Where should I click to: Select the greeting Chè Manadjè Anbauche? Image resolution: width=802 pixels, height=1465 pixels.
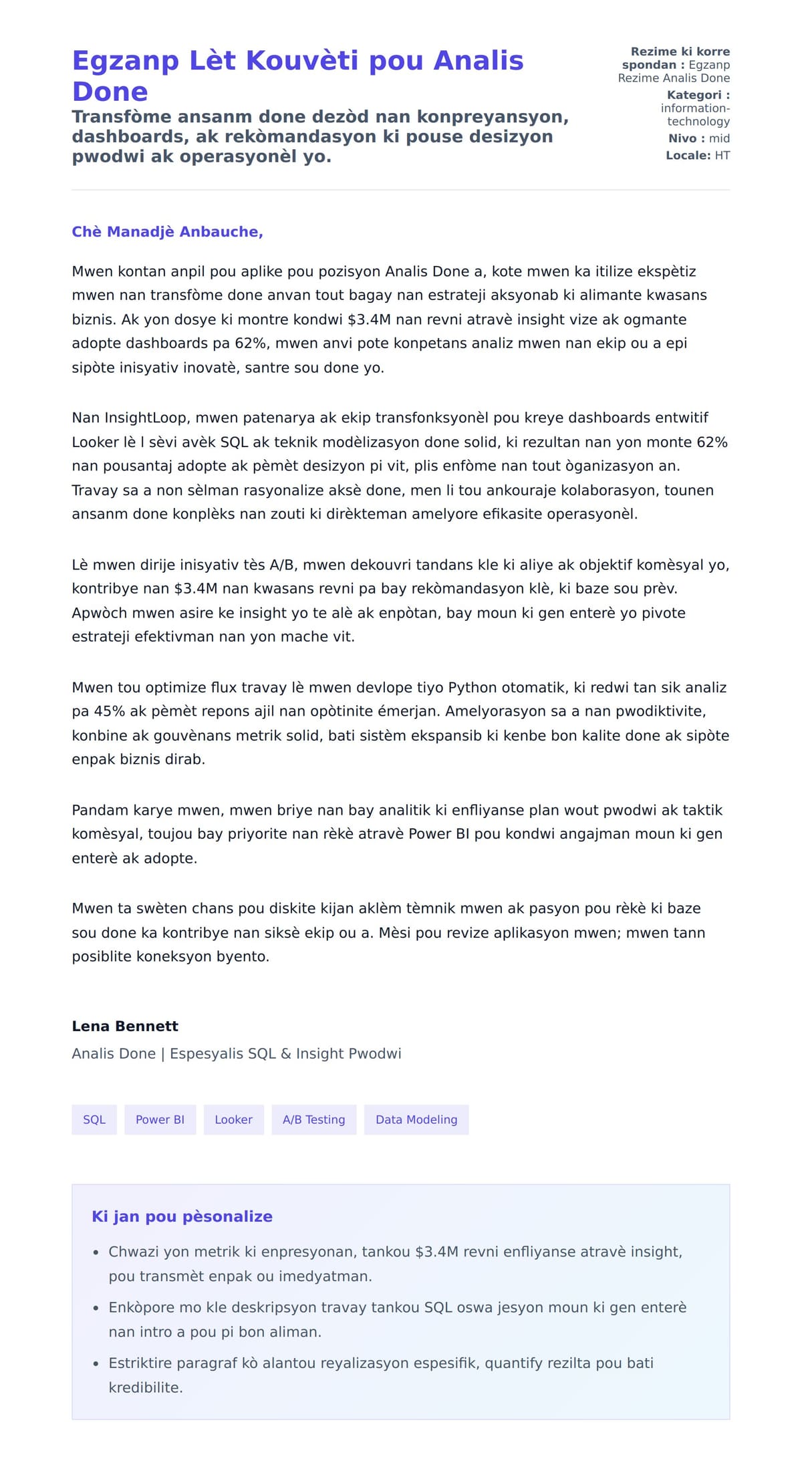pyautogui.click(x=167, y=232)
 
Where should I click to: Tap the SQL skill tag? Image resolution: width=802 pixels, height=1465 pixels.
pyautogui.click(x=94, y=1119)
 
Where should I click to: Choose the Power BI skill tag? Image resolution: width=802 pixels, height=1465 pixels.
pyautogui.click(x=160, y=1119)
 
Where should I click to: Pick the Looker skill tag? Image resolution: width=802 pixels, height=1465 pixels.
pyautogui.click(x=233, y=1119)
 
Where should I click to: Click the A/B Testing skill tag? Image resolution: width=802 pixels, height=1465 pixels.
pyautogui.click(x=313, y=1119)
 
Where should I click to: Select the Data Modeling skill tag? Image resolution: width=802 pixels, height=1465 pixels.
pyautogui.click(x=416, y=1119)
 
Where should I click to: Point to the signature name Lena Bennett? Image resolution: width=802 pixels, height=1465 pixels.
pyautogui.click(x=125, y=1026)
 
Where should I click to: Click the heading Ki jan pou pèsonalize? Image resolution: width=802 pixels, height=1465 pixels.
pyautogui.click(x=182, y=1216)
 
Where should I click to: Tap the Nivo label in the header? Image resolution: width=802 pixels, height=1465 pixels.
pyautogui.click(x=682, y=138)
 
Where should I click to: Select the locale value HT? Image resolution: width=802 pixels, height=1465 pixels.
pyautogui.click(x=722, y=156)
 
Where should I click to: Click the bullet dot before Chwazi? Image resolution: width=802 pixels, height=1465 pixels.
pyautogui.click(x=96, y=1252)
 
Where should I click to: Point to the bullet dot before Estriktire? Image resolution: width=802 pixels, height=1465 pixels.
pyautogui.click(x=96, y=1364)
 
